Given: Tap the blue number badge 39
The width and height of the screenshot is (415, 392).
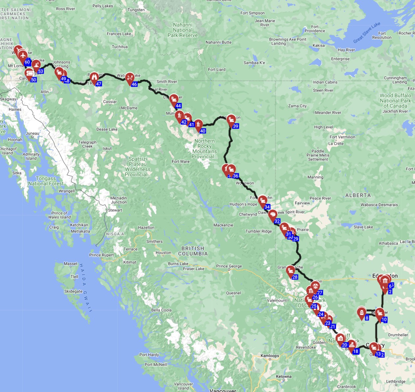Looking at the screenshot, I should [x=235, y=126].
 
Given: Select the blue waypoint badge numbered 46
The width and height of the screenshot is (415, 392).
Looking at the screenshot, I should [x=134, y=84].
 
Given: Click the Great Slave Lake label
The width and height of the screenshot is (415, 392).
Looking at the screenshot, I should [x=367, y=32].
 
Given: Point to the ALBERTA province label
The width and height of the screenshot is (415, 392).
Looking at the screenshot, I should [x=358, y=195].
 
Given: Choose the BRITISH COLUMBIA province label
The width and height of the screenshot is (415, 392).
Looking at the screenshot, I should [x=193, y=251].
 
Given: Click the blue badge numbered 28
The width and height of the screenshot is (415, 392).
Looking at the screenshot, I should [x=295, y=277].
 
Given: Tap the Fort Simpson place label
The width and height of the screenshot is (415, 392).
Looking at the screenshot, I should [x=252, y=13].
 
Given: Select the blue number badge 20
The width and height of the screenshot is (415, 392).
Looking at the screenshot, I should [x=345, y=345].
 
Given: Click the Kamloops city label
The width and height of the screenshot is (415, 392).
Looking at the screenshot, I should [x=270, y=356].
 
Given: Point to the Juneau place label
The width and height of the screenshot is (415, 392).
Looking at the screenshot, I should [x=32, y=134].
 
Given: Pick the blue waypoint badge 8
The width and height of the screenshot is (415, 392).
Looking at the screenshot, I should [x=367, y=318].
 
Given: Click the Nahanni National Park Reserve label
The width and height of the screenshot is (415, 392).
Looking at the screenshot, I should [x=182, y=30].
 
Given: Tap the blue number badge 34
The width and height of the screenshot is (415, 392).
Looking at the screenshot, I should [x=267, y=207].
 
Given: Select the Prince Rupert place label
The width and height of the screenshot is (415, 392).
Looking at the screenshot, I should [x=101, y=255].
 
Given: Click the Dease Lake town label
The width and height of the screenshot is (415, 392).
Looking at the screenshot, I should [x=107, y=129].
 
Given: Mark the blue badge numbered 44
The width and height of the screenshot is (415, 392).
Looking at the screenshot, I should [x=178, y=106].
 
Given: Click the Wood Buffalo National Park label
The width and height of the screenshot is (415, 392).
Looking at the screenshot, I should [x=395, y=101].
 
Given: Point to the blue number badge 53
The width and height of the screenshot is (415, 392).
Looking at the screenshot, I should [x=40, y=71].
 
